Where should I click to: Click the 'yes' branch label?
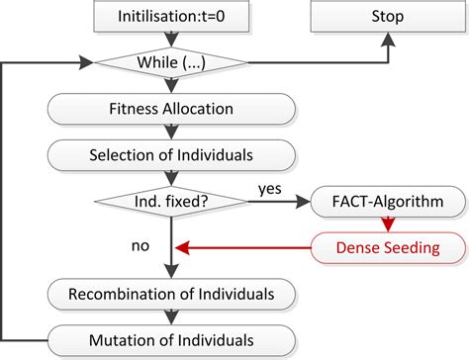[270, 187]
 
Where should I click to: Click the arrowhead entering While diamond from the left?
[84, 63]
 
